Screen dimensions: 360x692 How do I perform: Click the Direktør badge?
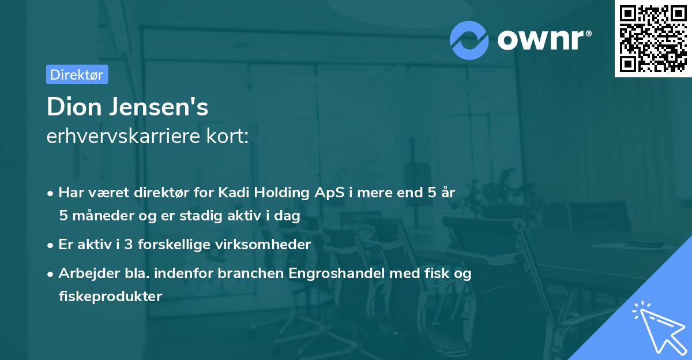pos(77,74)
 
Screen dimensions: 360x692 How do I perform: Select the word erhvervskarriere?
pos(121,137)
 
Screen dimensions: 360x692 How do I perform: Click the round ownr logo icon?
pos(469,40)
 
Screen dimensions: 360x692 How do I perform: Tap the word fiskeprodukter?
pos(110,296)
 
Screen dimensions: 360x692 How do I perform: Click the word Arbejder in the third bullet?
pos(84,273)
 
